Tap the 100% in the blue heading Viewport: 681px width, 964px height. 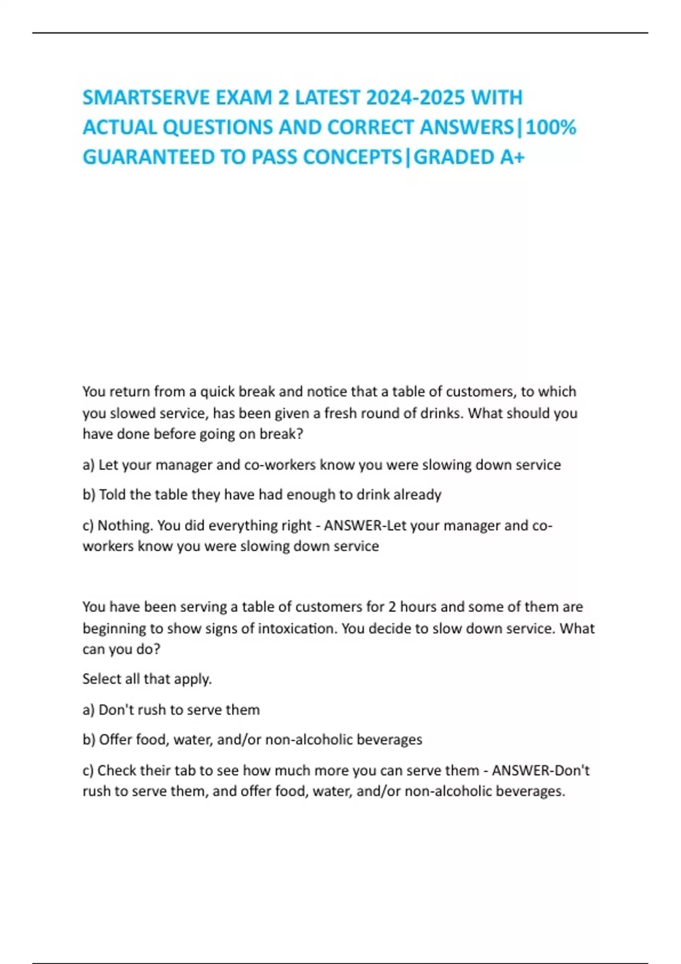551,127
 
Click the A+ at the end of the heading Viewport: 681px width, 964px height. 512,157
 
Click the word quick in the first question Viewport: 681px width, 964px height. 217,392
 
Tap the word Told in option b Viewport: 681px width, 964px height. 113,494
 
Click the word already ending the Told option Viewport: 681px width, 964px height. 417,494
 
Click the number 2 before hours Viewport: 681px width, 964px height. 392,607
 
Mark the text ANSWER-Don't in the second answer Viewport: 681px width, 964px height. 540,770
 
